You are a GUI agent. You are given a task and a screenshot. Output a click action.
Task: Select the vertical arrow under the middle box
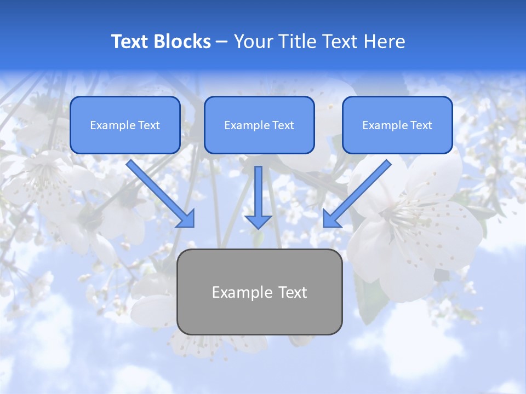coord(259,194)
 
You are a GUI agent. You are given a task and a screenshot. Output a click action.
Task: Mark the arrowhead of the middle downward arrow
coord(259,221)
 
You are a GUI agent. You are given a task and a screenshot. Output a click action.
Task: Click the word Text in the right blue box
coord(421,125)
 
